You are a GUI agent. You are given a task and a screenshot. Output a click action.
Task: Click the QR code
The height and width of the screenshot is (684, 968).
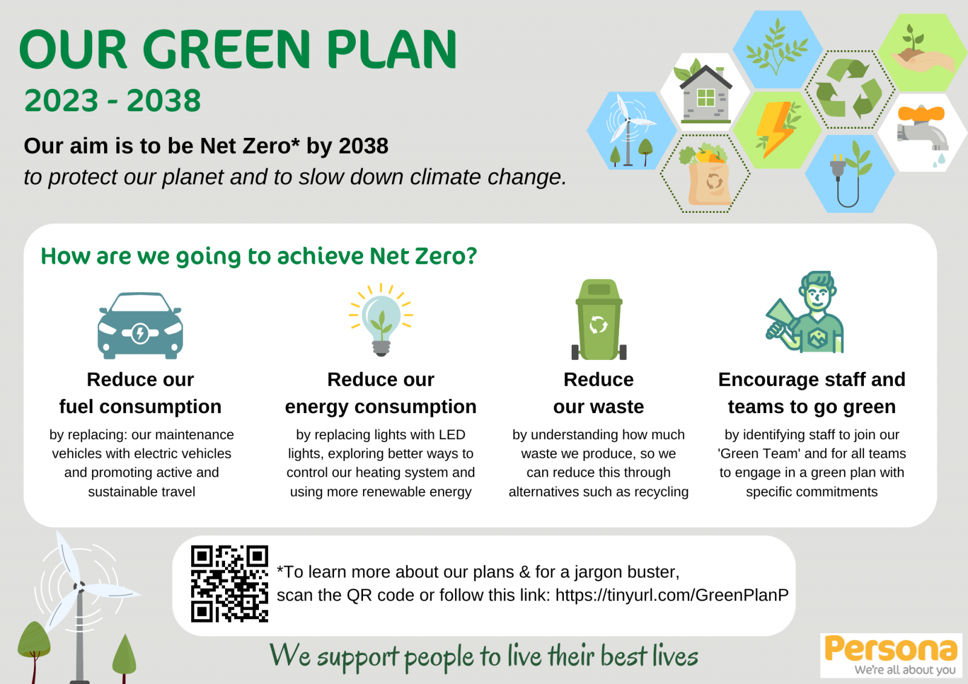(x=229, y=584)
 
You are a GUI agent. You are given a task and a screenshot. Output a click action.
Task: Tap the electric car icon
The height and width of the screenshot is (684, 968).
(x=140, y=326)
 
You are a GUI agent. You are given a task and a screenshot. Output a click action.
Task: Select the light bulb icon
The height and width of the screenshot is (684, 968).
(x=381, y=320)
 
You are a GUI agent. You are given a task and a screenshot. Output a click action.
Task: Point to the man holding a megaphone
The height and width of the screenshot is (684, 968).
(x=805, y=312)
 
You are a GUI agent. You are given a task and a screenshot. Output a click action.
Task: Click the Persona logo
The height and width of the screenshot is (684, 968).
(x=891, y=655)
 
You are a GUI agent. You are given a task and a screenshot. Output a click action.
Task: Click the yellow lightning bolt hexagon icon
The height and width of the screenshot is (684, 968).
(x=777, y=129)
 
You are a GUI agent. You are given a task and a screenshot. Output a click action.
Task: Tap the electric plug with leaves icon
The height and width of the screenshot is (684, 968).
(x=849, y=174)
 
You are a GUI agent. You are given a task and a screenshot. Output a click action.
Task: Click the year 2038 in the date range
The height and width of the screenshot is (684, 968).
(x=164, y=100)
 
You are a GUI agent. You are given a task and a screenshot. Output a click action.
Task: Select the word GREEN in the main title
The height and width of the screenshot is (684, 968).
(x=226, y=49)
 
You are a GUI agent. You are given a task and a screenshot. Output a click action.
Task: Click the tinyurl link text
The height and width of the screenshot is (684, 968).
(x=672, y=595)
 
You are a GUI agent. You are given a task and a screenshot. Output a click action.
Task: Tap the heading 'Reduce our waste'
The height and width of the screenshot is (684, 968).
(x=598, y=393)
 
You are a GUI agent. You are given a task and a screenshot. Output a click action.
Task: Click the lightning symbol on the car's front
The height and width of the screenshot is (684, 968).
(x=140, y=333)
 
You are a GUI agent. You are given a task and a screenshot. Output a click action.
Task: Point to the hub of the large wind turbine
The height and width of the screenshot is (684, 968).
(x=79, y=587)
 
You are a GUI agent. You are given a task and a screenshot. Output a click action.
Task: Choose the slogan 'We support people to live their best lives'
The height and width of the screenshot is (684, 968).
(x=483, y=656)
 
